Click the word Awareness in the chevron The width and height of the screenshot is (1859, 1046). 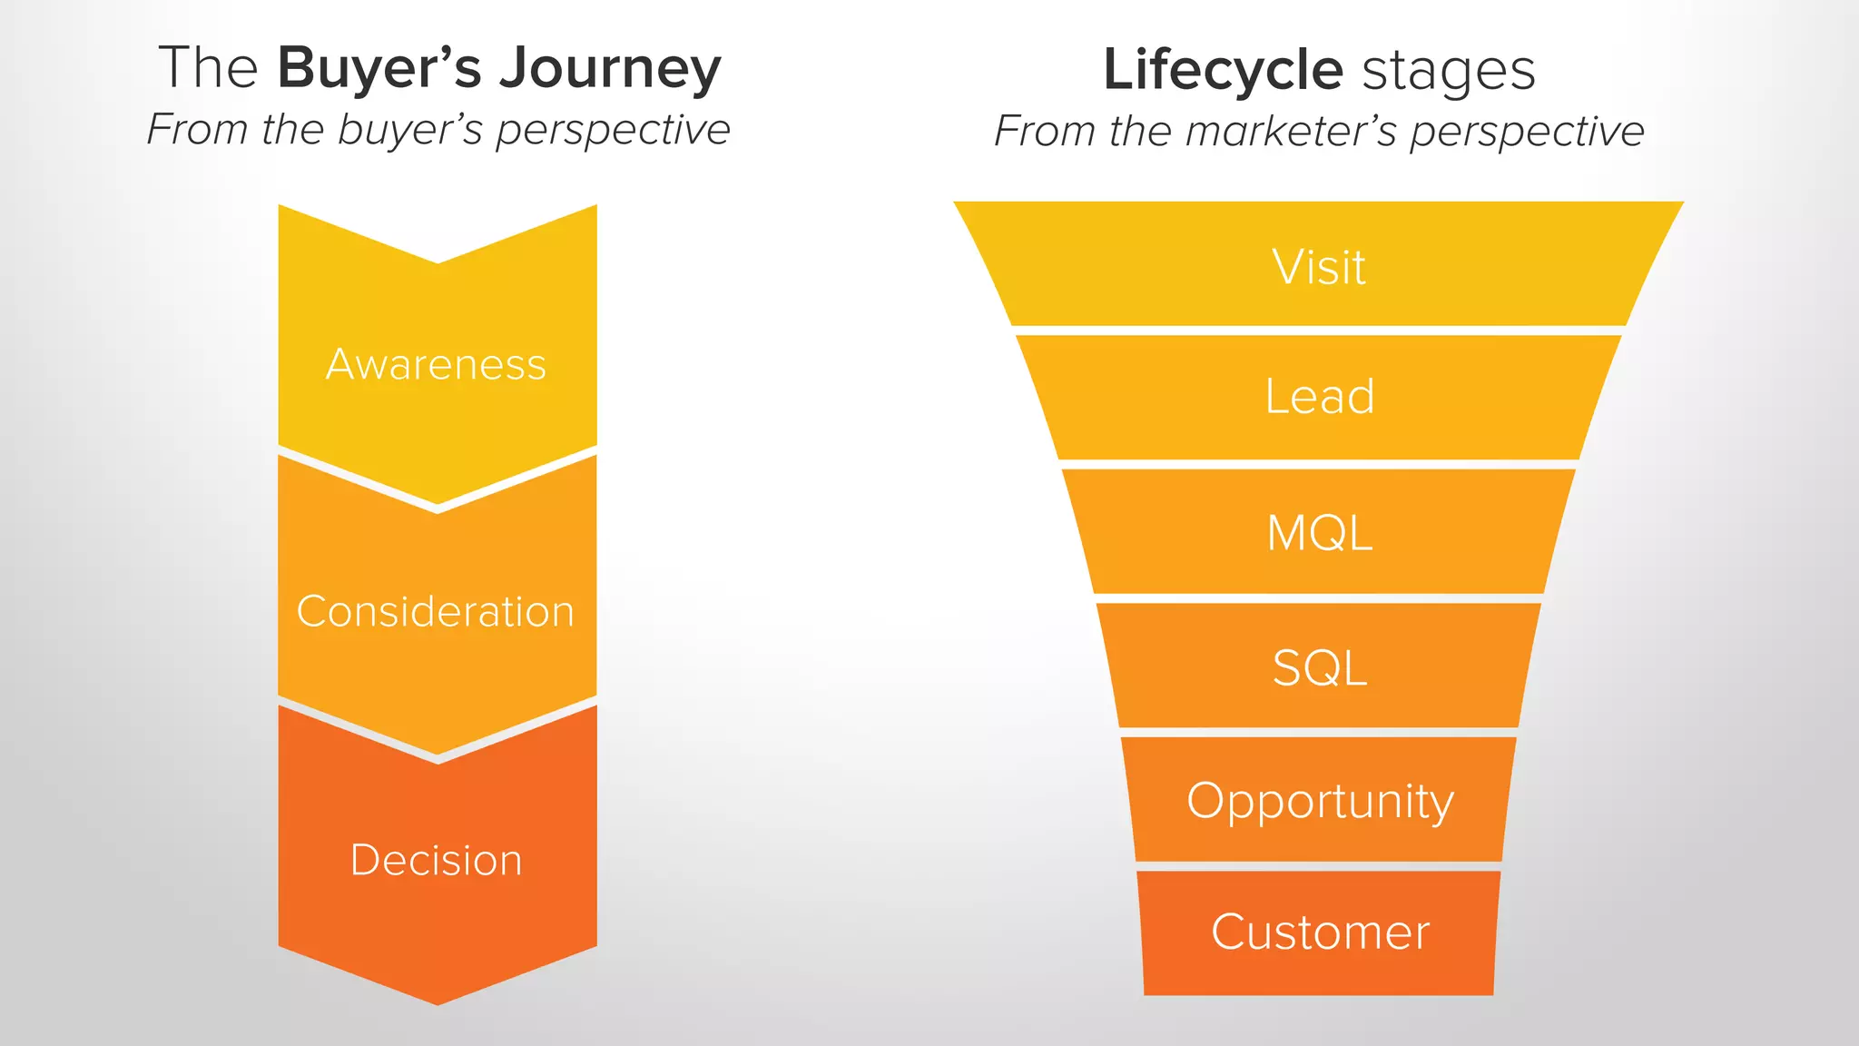point(436,365)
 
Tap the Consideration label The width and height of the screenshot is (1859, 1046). point(436,612)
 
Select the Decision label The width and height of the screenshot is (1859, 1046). point(437,860)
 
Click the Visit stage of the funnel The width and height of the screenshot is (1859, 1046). point(1319,267)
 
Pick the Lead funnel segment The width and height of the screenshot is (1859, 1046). point(1320,397)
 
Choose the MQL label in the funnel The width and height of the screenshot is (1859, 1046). point(1319,533)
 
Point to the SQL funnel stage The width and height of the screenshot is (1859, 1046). point(1319,668)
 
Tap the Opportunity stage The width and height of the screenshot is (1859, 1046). point(1320,802)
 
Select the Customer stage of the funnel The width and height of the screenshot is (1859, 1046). point(1320,933)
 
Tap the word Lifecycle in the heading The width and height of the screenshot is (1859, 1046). point(1223,70)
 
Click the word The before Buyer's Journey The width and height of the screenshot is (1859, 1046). point(208,68)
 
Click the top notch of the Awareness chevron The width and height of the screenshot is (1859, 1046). point(438,261)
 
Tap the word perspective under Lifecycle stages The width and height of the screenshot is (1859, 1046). point(1527,132)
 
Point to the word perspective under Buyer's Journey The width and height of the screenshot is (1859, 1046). point(613,130)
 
